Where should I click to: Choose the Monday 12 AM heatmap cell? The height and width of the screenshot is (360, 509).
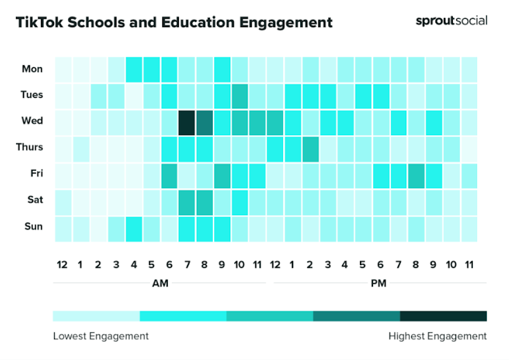pos(62,69)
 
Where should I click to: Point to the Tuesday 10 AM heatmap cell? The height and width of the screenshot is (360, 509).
pos(239,95)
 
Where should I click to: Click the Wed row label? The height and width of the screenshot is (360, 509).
pos(32,121)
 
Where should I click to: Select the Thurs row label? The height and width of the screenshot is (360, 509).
pos(29,147)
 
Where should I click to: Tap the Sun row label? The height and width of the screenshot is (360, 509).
pos(33,226)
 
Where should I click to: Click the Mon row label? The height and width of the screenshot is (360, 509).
pos(32,69)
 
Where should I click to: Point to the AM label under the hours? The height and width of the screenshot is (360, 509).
pos(159,284)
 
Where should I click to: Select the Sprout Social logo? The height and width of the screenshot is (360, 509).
pos(451,21)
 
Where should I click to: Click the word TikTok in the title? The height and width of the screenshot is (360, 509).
pos(40,22)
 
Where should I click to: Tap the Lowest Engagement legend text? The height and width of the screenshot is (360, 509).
pos(101,336)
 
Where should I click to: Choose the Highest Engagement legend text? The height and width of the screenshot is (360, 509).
pos(437,336)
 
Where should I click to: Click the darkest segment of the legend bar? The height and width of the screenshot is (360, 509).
pos(443,316)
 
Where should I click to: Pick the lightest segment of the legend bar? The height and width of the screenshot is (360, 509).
pos(96,316)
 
